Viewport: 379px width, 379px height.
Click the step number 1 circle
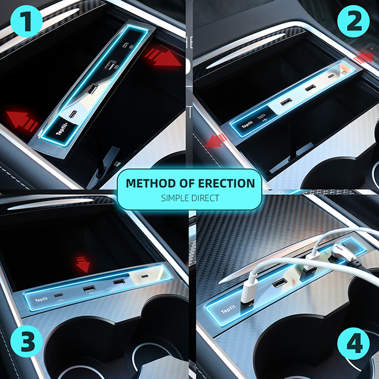point(27,21)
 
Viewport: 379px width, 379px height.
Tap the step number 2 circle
point(353,21)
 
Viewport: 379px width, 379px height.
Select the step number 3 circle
point(27,341)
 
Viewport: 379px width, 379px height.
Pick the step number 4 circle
point(353,344)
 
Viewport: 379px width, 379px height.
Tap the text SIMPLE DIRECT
point(190,198)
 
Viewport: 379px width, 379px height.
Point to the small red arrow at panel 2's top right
point(363,58)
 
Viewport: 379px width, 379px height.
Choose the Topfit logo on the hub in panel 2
point(247,125)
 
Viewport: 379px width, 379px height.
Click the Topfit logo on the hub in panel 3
point(41,300)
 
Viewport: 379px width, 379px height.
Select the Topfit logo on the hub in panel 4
point(228,309)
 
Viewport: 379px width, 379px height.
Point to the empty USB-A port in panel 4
point(280,283)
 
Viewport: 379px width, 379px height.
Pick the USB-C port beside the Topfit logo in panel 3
point(59,296)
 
